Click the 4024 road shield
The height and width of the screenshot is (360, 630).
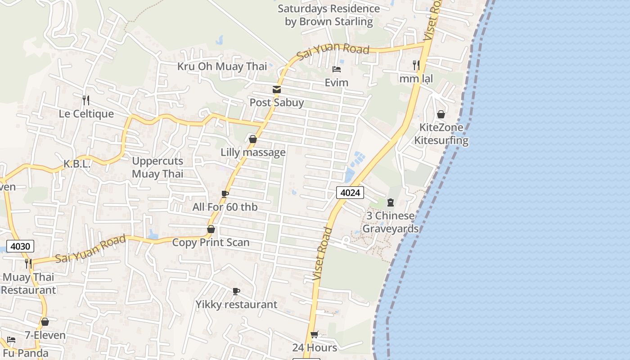tap(350, 193)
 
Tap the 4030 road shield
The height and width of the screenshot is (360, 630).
tap(21, 247)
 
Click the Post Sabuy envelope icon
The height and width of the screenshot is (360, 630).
tap(276, 90)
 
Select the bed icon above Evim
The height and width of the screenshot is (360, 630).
tap(336, 69)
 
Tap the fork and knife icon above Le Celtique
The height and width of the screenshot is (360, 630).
tap(86, 100)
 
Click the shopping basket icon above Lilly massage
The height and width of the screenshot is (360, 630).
tap(253, 139)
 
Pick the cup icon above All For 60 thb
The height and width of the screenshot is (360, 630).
tap(225, 194)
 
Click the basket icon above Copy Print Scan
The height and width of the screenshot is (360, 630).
tap(211, 229)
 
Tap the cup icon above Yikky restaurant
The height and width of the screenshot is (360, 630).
tap(236, 291)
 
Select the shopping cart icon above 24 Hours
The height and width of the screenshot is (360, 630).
tap(315, 334)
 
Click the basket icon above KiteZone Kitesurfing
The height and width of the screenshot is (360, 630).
tap(441, 114)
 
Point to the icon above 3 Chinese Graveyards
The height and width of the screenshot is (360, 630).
tap(390, 202)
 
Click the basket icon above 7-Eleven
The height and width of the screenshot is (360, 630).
tap(45, 322)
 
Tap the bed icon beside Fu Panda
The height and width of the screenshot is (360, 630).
tap(11, 340)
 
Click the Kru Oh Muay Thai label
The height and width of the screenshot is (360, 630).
tap(222, 67)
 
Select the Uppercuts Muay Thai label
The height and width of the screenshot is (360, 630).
tap(157, 167)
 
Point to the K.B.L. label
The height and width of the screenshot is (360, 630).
tap(77, 164)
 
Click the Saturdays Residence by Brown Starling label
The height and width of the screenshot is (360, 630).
tap(329, 15)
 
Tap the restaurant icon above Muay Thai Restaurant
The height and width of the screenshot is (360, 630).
tap(28, 263)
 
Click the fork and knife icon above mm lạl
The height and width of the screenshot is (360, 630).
tap(416, 65)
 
